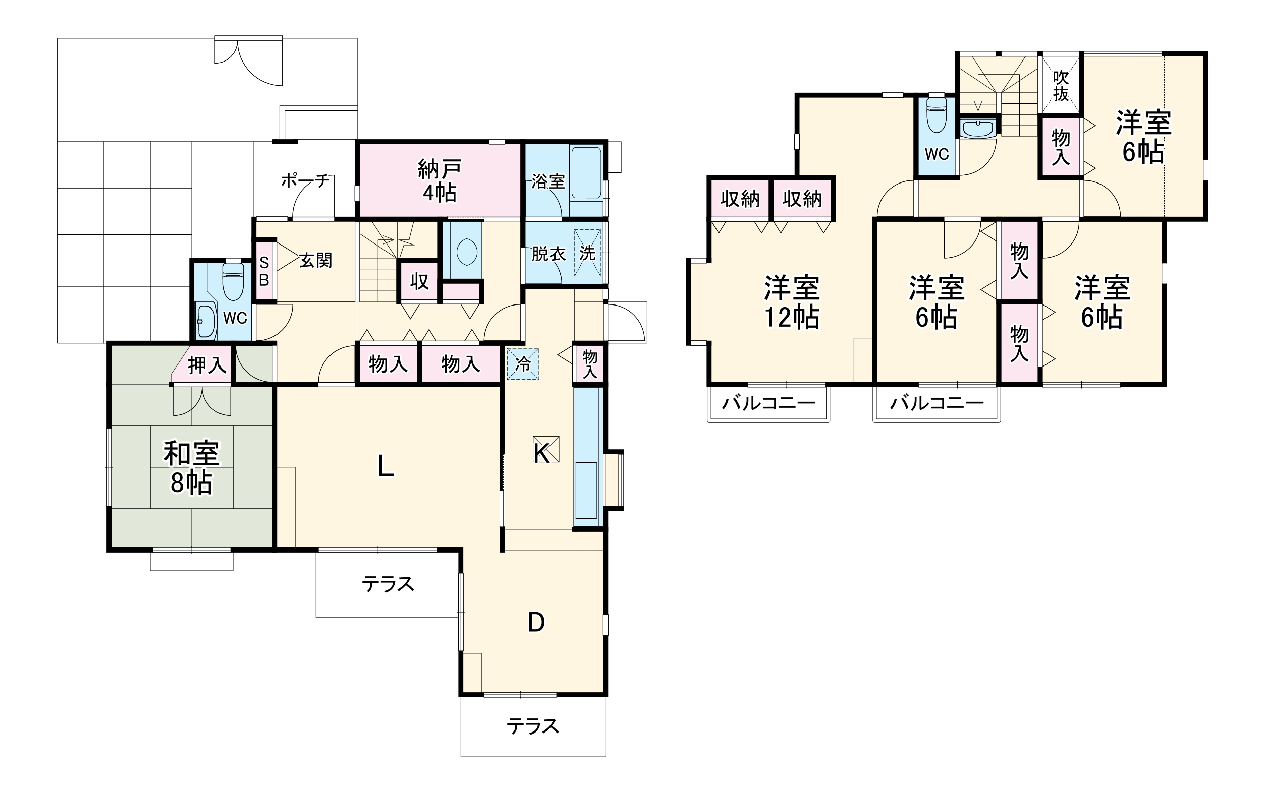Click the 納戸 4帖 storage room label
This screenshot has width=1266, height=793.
pyautogui.click(x=439, y=180)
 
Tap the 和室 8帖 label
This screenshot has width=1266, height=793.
pyautogui.click(x=191, y=467)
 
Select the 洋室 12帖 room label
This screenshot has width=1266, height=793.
pyautogui.click(x=792, y=302)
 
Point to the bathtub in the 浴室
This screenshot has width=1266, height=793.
pyautogui.click(x=586, y=173)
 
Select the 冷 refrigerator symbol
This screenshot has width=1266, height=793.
pyautogui.click(x=523, y=363)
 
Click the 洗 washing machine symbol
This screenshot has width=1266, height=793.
pyautogui.click(x=587, y=253)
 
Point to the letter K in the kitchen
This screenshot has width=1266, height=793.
pyautogui.click(x=542, y=453)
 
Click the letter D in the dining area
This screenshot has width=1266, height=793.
pyautogui.click(x=536, y=622)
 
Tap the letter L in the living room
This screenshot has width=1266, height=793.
pyautogui.click(x=386, y=466)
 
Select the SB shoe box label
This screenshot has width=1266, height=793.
pyautogui.click(x=264, y=271)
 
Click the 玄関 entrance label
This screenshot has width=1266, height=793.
pyautogui.click(x=315, y=260)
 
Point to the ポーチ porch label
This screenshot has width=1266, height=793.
pyautogui.click(x=305, y=180)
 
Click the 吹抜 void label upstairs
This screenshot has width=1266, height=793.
pyautogui.click(x=1061, y=86)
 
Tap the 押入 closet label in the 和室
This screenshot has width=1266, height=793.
pyautogui.click(x=207, y=365)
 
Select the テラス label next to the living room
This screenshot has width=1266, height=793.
pyautogui.click(x=388, y=584)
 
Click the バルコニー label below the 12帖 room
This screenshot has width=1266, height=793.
pyautogui.click(x=769, y=403)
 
